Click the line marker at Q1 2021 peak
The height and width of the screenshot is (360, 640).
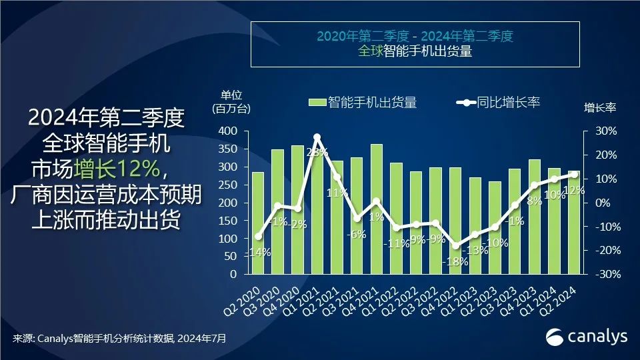pos(317,137)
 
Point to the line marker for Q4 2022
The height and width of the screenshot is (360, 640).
pos(455,246)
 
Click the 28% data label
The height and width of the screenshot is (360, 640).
pos(317,153)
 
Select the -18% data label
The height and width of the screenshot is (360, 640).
pos(455,261)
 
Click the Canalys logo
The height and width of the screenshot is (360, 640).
pos(586,337)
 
